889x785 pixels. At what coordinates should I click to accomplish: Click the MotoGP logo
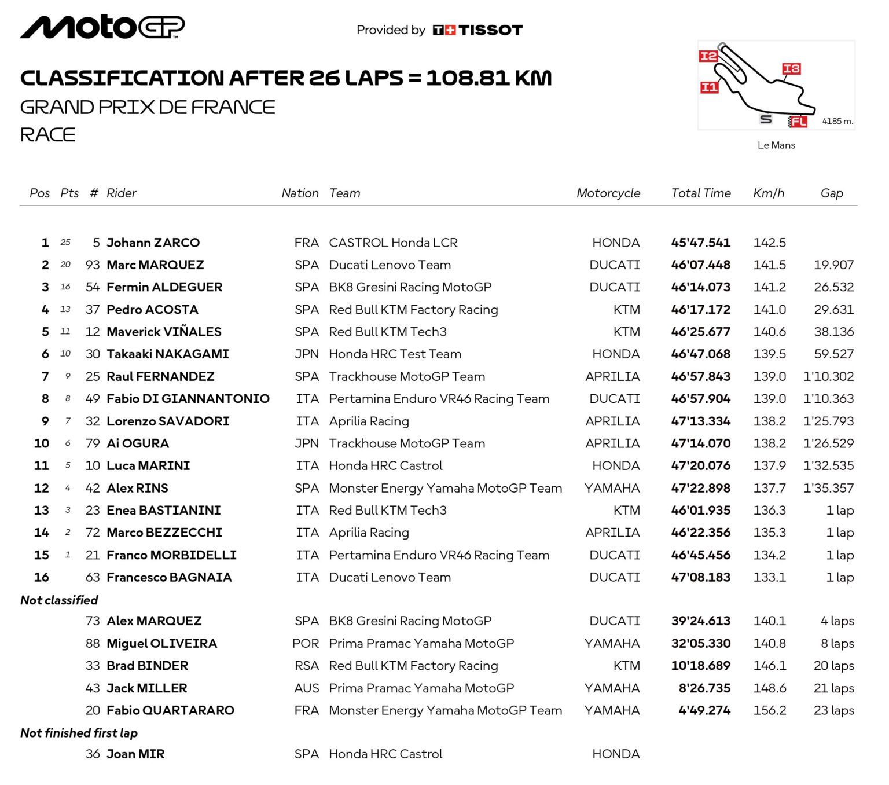[102, 27]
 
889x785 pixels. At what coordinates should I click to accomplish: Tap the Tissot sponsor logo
[477, 30]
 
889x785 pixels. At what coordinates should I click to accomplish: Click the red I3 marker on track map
[791, 69]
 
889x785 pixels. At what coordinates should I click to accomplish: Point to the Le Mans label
[776, 145]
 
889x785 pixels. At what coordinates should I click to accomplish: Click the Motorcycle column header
[608, 193]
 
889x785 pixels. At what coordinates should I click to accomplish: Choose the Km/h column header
[768, 193]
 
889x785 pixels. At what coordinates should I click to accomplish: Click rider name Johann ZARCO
[153, 243]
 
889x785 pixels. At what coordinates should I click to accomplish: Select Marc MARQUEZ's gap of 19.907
[833, 265]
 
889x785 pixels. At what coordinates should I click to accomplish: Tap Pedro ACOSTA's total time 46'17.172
[700, 310]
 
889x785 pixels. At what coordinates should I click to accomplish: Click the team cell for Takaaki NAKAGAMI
[395, 354]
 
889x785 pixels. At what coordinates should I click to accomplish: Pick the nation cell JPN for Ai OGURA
[306, 443]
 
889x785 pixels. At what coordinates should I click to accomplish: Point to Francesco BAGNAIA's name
[169, 577]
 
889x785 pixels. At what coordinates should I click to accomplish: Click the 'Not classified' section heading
[59, 600]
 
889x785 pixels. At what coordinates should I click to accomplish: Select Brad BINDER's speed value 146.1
[769, 666]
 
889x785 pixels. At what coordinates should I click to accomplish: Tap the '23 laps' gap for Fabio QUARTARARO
[833, 710]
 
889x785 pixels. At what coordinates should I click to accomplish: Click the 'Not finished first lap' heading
[79, 733]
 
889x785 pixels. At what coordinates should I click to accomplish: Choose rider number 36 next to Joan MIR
[93, 754]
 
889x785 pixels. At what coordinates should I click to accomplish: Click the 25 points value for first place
[65, 243]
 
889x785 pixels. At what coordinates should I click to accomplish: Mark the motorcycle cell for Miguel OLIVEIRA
[612, 644]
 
